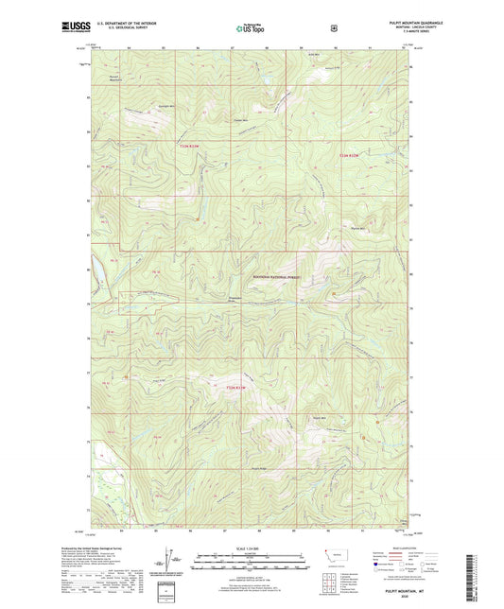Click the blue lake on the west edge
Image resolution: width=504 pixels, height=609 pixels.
96,273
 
